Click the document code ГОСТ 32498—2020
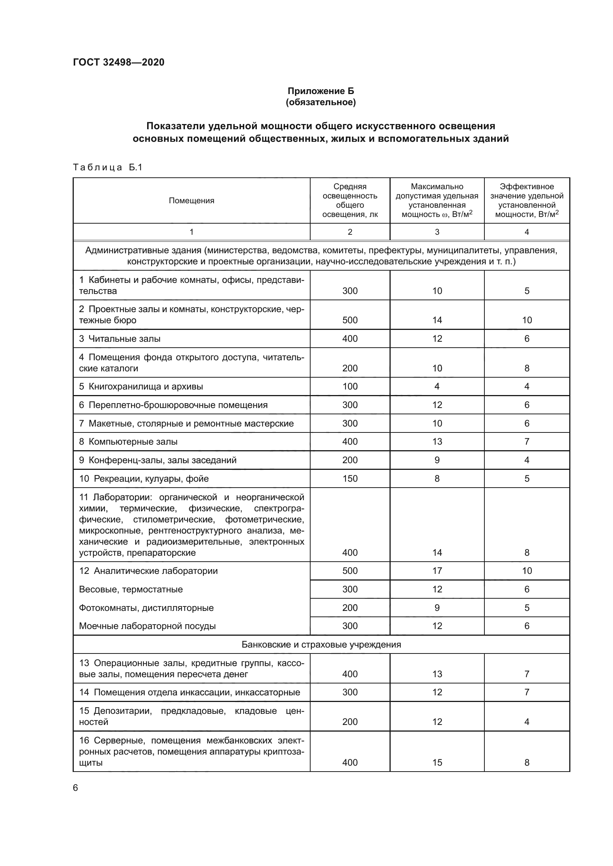[119, 62]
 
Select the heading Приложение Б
[321, 91]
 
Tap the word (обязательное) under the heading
[321, 102]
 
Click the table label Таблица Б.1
[107, 167]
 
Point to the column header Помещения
[191, 201]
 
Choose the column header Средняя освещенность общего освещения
[349, 200]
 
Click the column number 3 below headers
[437, 232]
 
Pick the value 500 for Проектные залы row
[349, 320]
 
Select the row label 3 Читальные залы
[120, 339]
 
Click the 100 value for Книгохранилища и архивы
[349, 386]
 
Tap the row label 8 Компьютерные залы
[128, 442]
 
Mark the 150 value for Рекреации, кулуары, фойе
[349, 479]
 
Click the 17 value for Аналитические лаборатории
[437, 571]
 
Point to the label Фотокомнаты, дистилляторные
[146, 608]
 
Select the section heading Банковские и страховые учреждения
[321, 644]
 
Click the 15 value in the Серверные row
[437, 762]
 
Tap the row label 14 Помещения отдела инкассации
[189, 692]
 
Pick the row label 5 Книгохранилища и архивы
[141, 387]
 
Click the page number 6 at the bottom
[76, 788]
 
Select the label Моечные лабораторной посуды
[147, 626]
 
